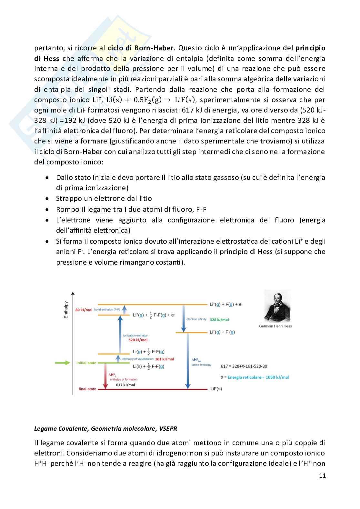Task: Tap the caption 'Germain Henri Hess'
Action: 275,326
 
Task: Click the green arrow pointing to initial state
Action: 63,363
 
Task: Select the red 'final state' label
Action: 87,389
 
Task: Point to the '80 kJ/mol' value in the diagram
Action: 84,310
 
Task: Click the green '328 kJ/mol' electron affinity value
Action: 219,319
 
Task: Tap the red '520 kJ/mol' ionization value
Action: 138,340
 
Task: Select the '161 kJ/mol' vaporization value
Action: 164,359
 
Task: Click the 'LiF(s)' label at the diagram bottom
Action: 216,389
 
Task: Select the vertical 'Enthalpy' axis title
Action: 66,310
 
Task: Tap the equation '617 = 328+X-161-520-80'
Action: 244,366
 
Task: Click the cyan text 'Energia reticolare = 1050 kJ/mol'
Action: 258,377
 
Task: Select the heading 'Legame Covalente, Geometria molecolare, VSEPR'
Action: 105,428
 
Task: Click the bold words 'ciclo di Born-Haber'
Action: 141,48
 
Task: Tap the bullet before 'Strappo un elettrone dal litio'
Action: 47,199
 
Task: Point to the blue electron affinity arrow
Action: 183,318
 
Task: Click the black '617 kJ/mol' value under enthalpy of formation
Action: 125,385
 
